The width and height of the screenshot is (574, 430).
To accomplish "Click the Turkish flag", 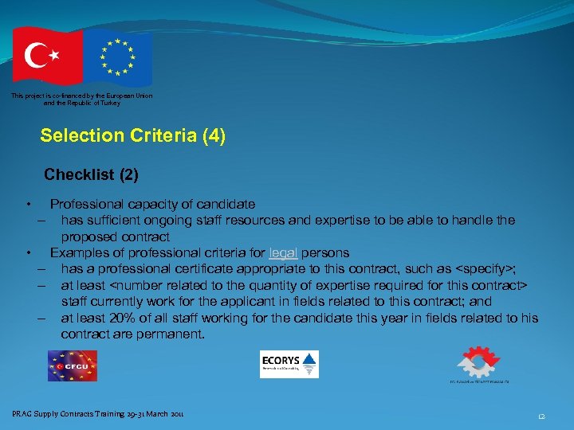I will [x=45, y=55].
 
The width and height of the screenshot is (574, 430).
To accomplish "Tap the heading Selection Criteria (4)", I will [x=133, y=136].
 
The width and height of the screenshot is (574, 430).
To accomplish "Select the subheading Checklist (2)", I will [x=91, y=174].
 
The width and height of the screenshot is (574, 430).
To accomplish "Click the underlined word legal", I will [x=283, y=253].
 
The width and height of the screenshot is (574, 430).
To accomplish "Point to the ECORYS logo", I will [x=289, y=364].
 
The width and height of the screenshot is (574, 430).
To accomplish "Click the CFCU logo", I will [x=72, y=365].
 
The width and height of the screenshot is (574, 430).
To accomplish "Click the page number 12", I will [x=541, y=415].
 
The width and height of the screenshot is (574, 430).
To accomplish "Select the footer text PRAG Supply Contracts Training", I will [x=73, y=413].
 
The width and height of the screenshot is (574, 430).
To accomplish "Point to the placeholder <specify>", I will [x=482, y=269].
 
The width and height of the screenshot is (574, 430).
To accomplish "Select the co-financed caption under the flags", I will [x=82, y=100].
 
